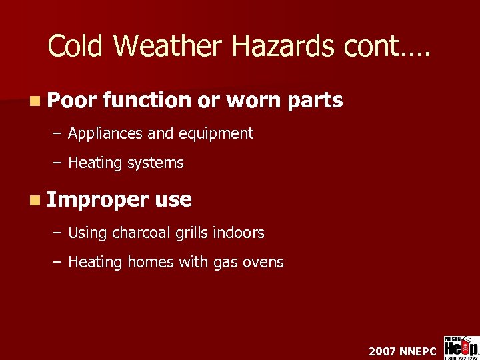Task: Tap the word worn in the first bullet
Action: (255, 101)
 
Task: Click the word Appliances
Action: (105, 134)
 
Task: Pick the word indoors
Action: (239, 233)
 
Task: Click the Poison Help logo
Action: (461, 347)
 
